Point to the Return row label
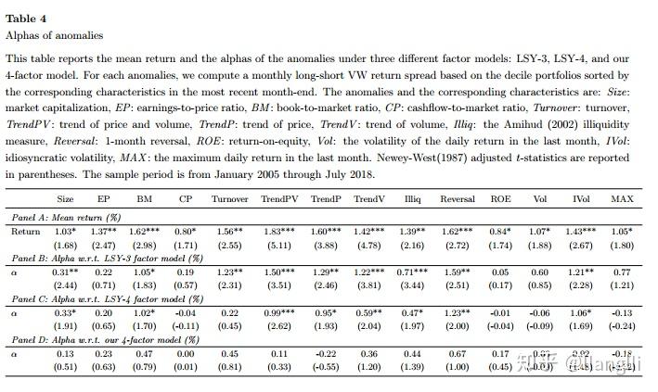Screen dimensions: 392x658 point(25,231)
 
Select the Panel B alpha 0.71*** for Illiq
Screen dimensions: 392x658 point(414,273)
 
